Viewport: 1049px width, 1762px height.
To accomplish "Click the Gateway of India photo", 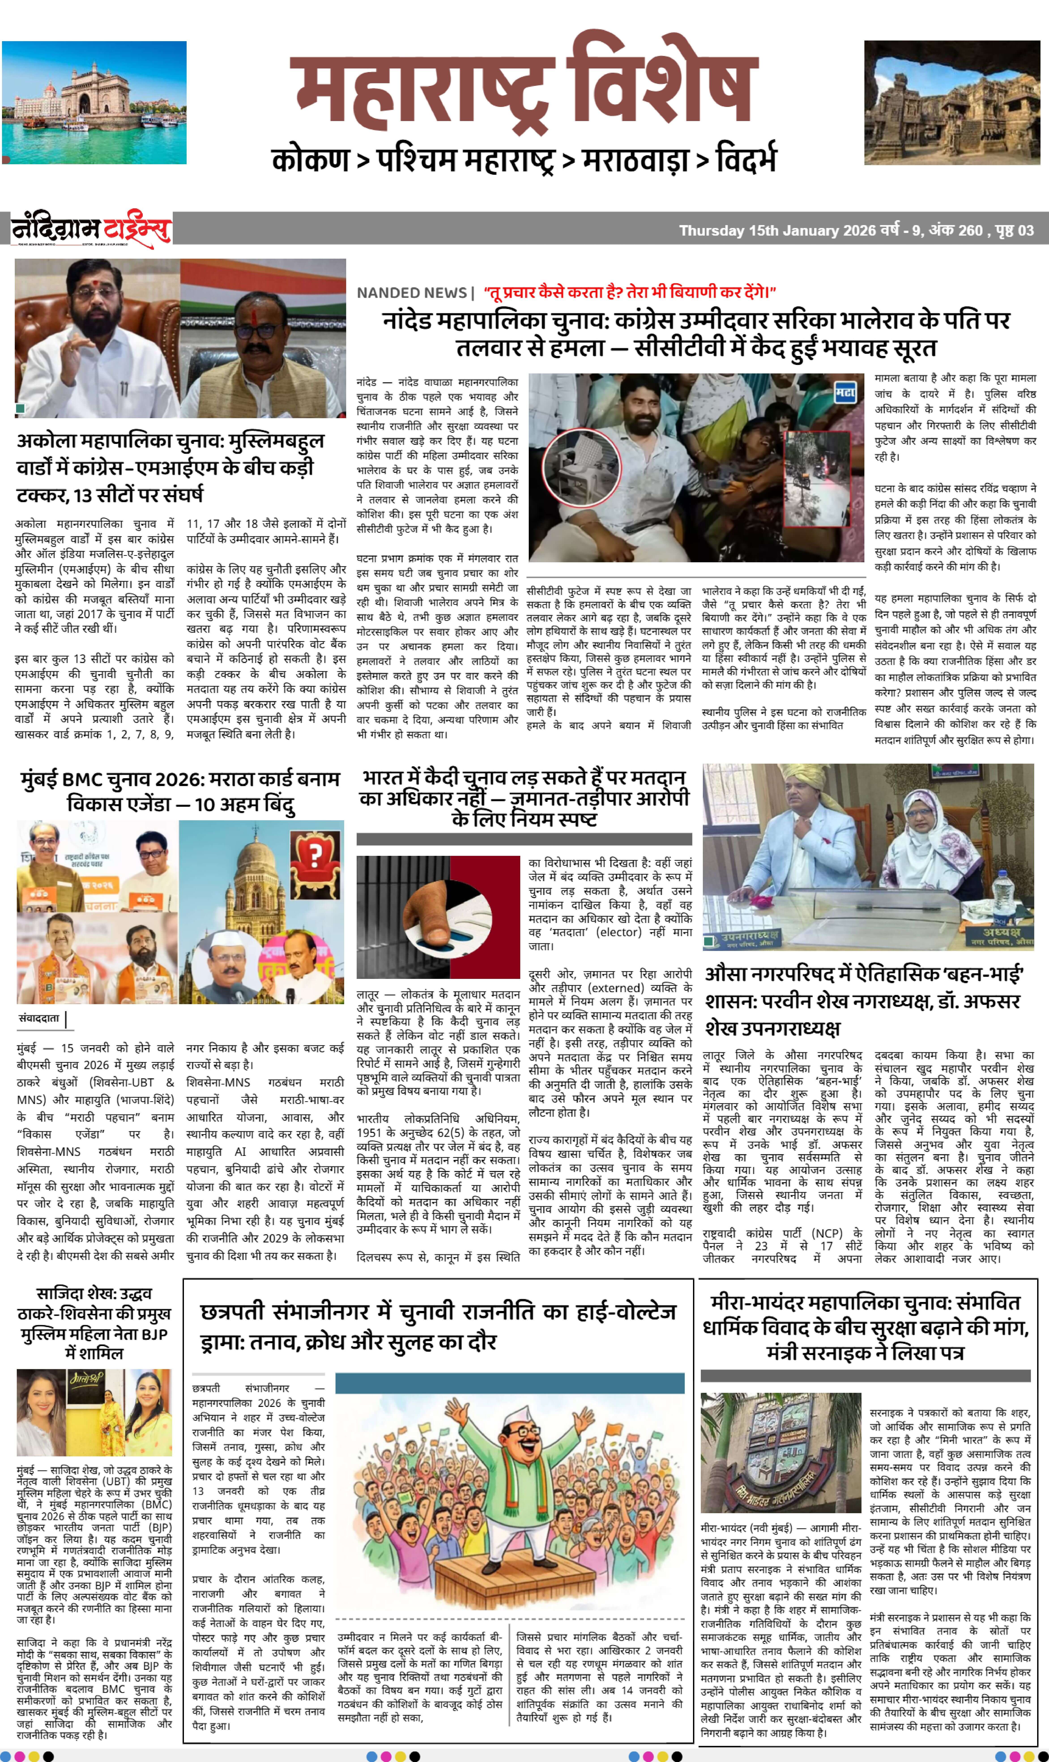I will (x=94, y=102).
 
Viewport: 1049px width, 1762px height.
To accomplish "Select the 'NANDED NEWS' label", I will (x=411, y=293).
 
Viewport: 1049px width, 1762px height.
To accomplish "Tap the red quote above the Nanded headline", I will (x=629, y=292).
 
